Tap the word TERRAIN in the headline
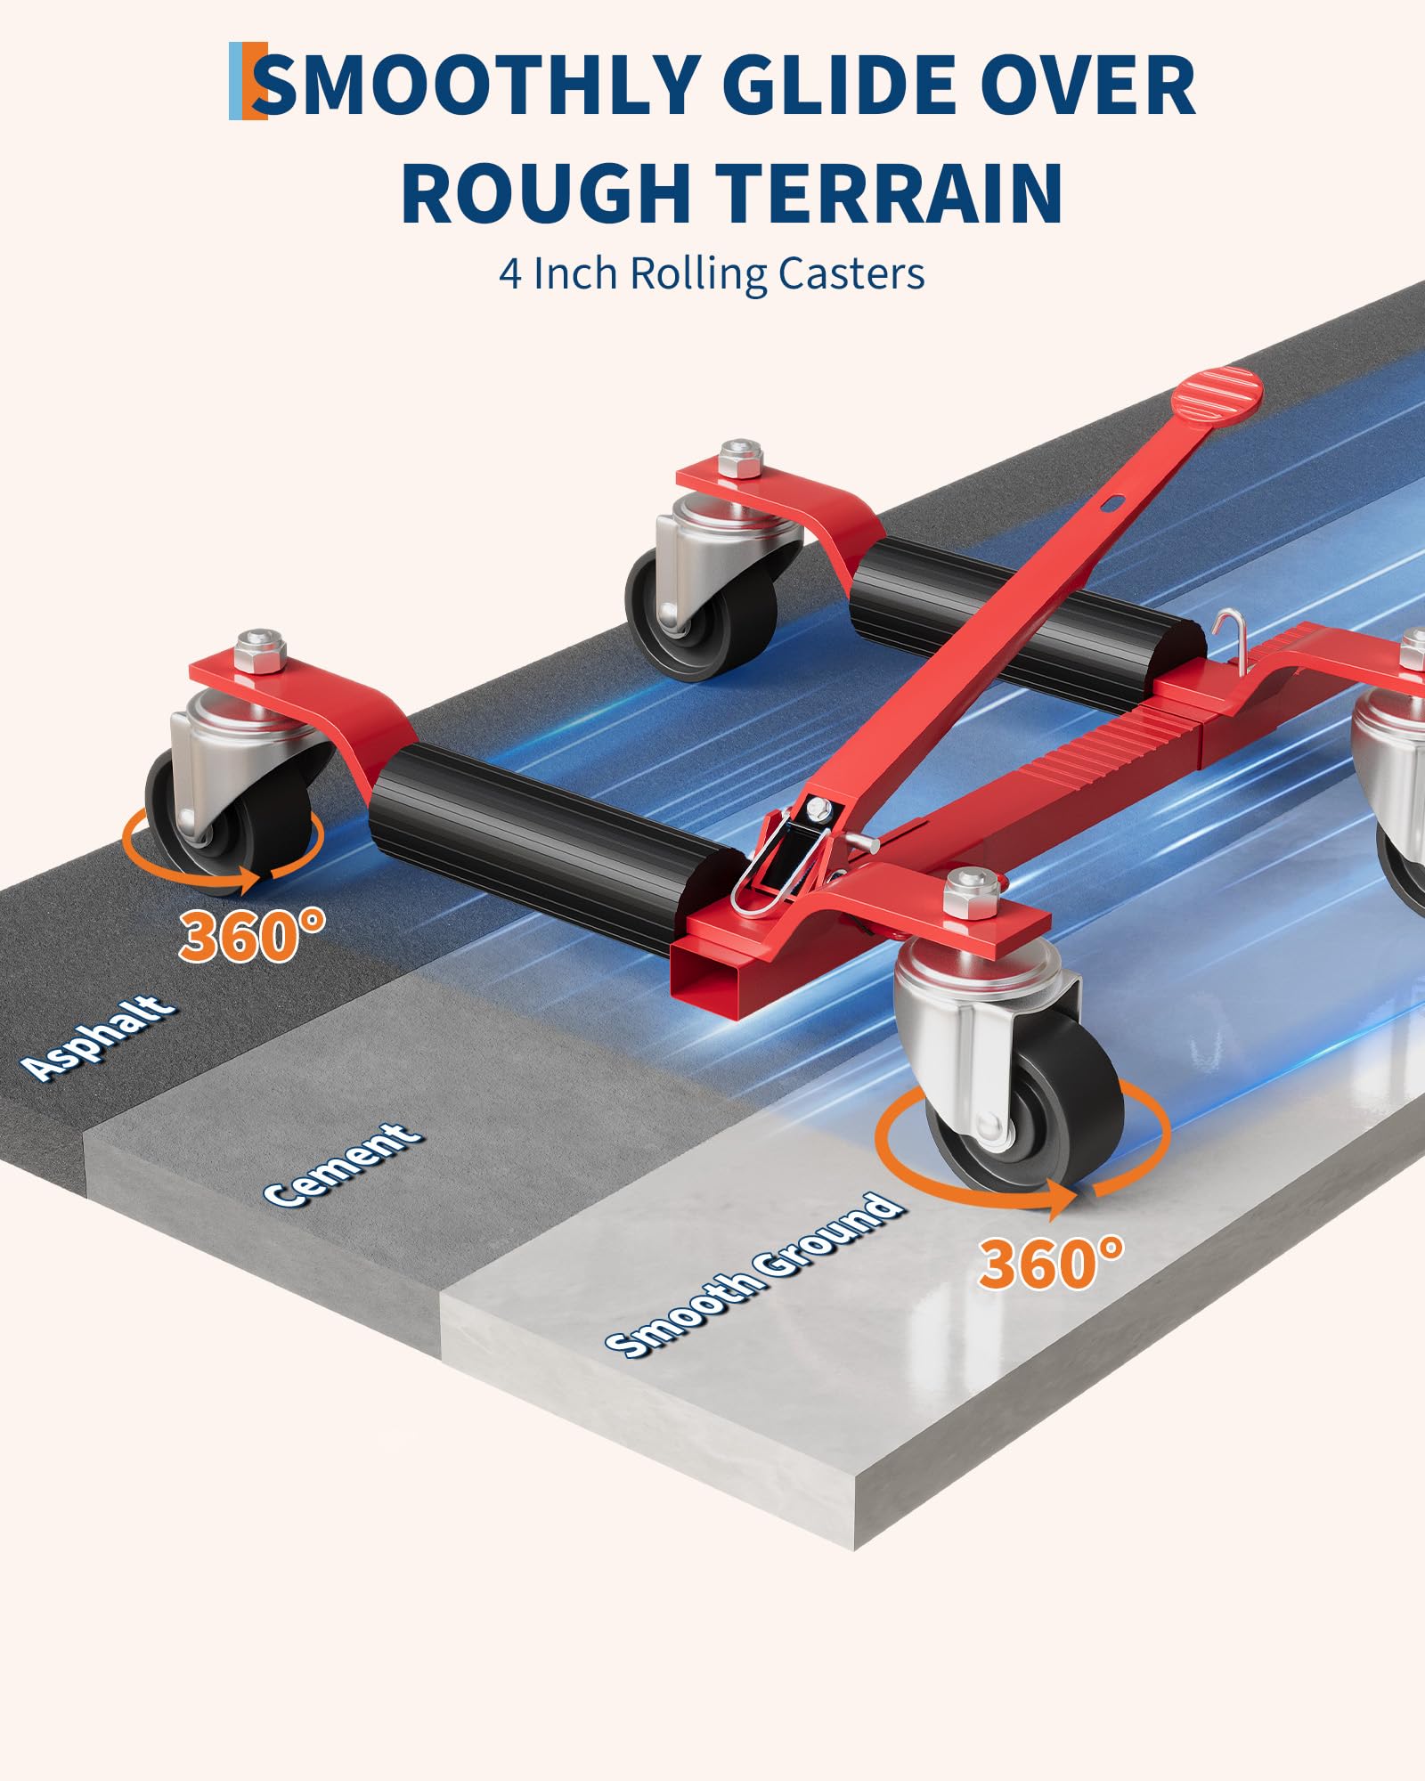pyautogui.click(x=891, y=193)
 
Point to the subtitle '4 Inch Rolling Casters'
pyautogui.click(x=712, y=273)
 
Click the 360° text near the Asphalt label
pyautogui.click(x=252, y=935)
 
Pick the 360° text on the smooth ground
pyautogui.click(x=1051, y=1263)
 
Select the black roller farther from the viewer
pyautogui.click(x=1024, y=614)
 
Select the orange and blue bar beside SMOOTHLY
pyautogui.click(x=248, y=81)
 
